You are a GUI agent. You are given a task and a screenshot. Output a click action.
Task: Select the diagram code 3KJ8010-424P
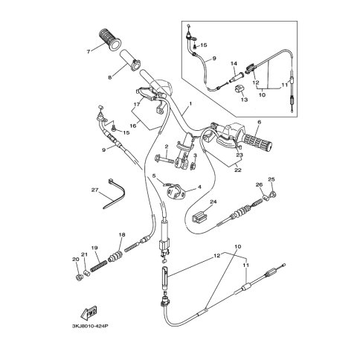point(90,326)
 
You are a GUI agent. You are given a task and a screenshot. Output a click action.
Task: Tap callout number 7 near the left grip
point(89,52)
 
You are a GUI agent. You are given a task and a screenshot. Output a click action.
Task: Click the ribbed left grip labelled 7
point(110,40)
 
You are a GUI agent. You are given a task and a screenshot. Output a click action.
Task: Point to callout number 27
point(94,190)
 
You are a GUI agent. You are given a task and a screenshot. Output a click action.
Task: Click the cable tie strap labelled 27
point(114,194)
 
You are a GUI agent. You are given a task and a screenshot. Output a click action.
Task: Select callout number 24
point(213,202)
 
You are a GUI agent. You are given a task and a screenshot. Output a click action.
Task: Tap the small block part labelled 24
point(200,216)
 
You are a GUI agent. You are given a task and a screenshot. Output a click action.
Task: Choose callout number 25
point(271,179)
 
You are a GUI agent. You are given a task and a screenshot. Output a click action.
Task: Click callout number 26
point(259,184)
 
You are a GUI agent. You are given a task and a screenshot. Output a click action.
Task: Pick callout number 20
point(75,259)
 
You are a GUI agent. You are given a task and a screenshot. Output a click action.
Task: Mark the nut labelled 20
point(79,277)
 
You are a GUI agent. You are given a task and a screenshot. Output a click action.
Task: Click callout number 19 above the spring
point(94,248)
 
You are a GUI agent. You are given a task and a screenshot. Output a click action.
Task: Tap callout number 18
point(122,234)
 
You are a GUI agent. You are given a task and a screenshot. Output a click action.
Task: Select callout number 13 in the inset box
point(244,100)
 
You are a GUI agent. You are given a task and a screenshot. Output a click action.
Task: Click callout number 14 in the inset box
point(234,64)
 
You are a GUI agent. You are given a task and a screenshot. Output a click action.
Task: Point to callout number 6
point(260,122)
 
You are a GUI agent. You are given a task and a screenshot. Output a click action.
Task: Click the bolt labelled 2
point(164,158)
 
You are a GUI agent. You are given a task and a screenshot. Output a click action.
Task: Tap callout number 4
point(199,187)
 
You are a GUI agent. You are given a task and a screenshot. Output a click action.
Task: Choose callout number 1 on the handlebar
point(190,103)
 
